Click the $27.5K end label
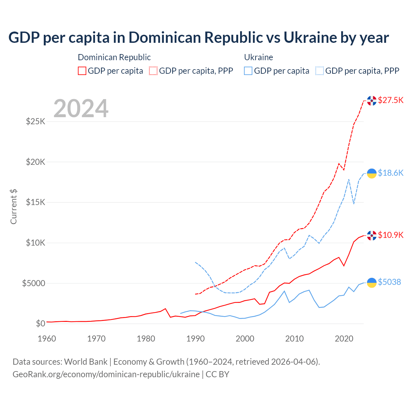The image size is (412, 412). (390, 100)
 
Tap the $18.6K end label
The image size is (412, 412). (390, 173)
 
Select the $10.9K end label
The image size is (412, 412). (390, 235)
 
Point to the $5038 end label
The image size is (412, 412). (389, 282)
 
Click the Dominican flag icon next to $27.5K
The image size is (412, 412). (372, 101)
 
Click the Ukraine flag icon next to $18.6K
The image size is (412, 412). (372, 173)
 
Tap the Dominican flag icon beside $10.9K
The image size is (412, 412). (372, 236)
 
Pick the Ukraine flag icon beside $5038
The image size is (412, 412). (372, 283)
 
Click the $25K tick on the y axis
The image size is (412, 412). (35, 122)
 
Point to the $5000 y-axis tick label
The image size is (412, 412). (33, 283)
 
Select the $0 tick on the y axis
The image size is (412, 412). (40, 324)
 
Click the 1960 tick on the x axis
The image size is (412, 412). (47, 339)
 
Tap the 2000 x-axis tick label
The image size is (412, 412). (245, 339)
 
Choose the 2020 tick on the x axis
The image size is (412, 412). (344, 339)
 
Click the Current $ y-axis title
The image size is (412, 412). (14, 207)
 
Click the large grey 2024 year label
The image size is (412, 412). (81, 109)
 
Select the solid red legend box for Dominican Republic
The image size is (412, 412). (82, 71)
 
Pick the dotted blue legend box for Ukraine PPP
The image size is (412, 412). (320, 71)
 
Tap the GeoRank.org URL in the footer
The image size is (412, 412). (106, 374)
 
